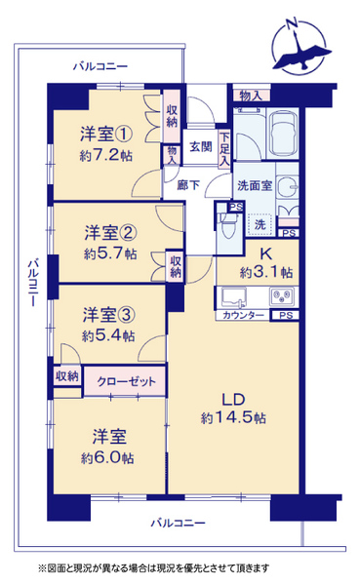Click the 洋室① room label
[106, 135]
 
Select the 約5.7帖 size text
[110, 254]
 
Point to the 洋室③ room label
[108, 315]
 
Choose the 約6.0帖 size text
[107, 458]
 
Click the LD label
[233, 400]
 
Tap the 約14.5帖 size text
[233, 417]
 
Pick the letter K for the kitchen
[266, 254]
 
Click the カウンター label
[243, 315]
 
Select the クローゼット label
[126, 381]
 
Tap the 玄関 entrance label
[201, 146]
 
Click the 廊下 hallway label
[188, 185]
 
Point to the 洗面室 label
[255, 185]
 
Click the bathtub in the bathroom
[283, 134]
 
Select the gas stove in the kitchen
[282, 296]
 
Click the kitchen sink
[234, 296]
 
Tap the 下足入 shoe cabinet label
[224, 149]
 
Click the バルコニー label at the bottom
[178, 523]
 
